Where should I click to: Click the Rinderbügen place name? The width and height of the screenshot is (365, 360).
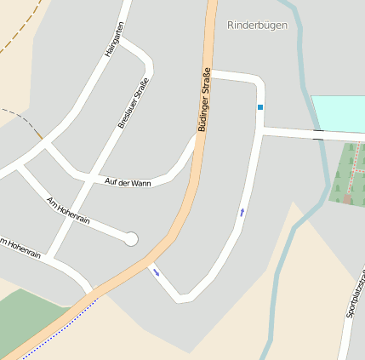(257, 26)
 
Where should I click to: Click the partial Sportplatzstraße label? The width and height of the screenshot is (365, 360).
(356, 294)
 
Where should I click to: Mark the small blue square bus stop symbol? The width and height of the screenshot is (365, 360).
(260, 107)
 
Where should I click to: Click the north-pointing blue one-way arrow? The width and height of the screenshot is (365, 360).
(242, 211)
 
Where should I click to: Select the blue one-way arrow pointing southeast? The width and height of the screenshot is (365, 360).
(156, 272)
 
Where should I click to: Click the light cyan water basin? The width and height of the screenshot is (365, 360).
(339, 113)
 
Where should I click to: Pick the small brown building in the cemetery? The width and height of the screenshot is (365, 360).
(347, 198)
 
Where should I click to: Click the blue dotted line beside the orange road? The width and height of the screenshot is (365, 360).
(51, 329)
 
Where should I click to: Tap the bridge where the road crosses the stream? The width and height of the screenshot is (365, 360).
(318, 134)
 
